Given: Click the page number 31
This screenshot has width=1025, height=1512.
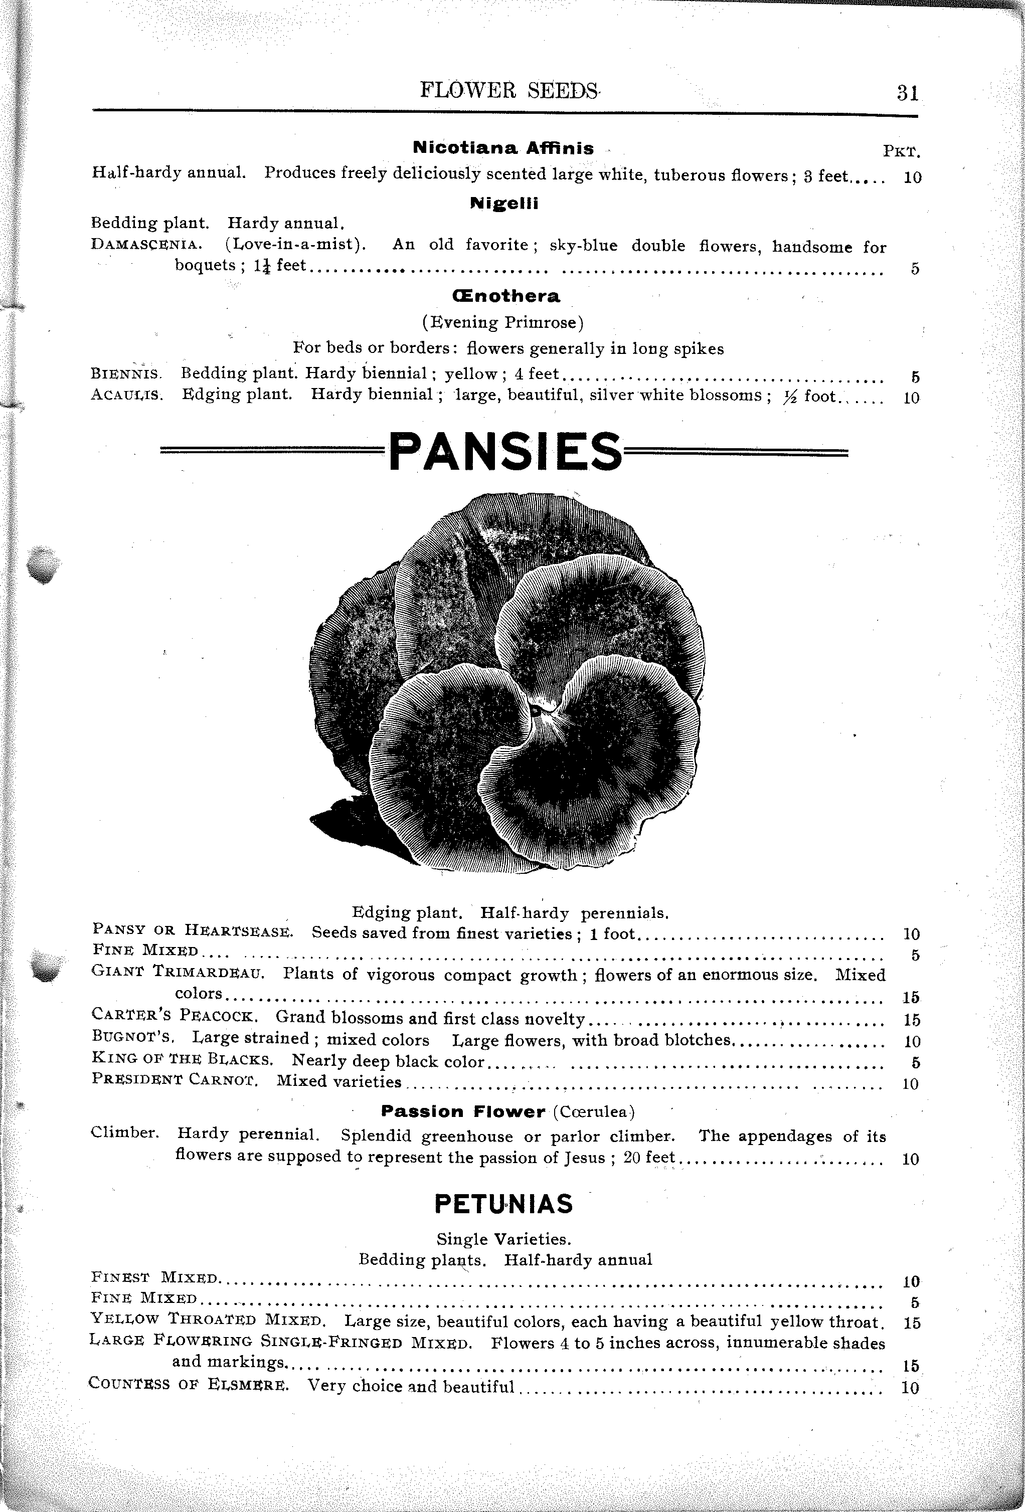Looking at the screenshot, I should click(x=907, y=93).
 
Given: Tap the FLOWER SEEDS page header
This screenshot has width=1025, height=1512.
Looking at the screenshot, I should click(x=509, y=90).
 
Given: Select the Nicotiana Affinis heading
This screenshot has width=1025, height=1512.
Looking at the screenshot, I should click(x=503, y=148).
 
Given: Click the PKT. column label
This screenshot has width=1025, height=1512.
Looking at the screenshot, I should click(x=901, y=152).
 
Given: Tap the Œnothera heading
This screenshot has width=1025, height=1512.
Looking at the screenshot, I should click(x=505, y=296).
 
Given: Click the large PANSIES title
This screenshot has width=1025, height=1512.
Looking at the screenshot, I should click(x=505, y=452).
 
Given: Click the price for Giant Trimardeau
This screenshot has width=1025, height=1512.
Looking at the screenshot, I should click(x=911, y=997).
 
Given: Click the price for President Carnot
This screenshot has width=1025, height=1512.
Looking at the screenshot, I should click(x=911, y=1084).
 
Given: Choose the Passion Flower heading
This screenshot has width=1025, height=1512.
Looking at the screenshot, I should click(x=463, y=1111).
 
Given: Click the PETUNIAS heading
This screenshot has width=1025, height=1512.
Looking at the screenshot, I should click(x=503, y=1204).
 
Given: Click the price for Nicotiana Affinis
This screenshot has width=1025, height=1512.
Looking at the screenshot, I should click(x=912, y=177).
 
